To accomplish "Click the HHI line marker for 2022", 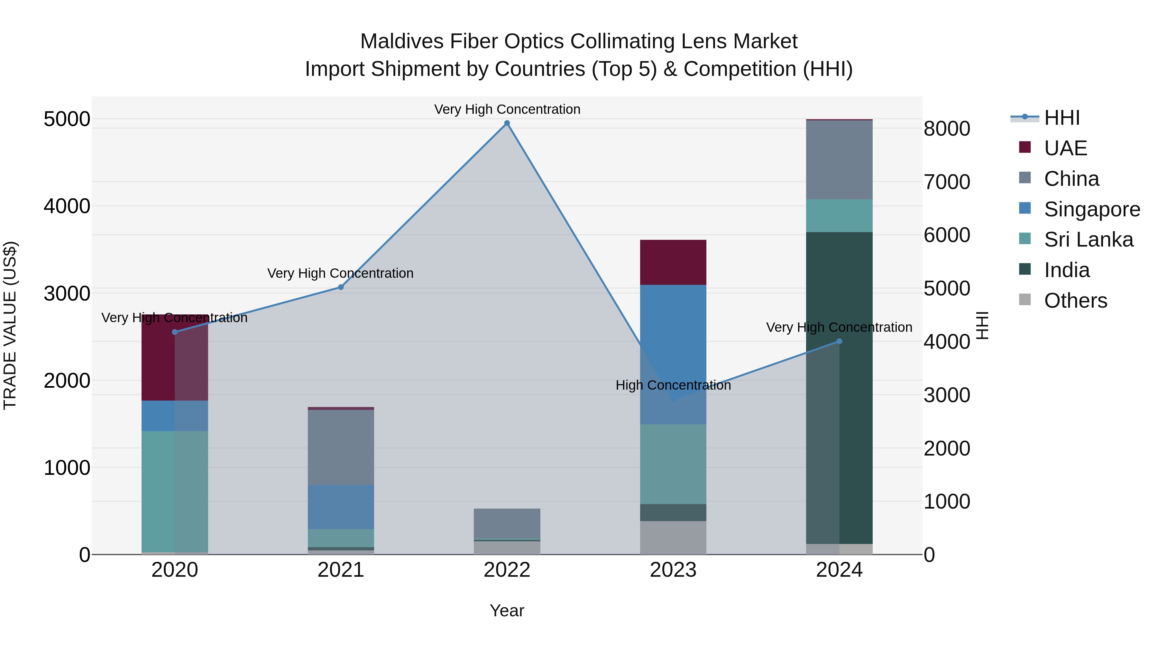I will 507,123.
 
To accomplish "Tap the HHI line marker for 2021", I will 341,287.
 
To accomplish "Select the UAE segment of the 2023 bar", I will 673,262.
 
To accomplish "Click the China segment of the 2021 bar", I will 341,447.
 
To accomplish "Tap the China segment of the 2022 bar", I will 507,523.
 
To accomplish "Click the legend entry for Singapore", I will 1091,209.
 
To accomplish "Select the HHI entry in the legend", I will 1061,118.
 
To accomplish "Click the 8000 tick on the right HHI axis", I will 947,129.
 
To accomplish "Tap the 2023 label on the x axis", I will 673,570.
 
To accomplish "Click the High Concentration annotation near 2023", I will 673,385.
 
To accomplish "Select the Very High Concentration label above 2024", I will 839,327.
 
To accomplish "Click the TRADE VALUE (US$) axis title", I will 10,325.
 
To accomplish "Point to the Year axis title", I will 507,610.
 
